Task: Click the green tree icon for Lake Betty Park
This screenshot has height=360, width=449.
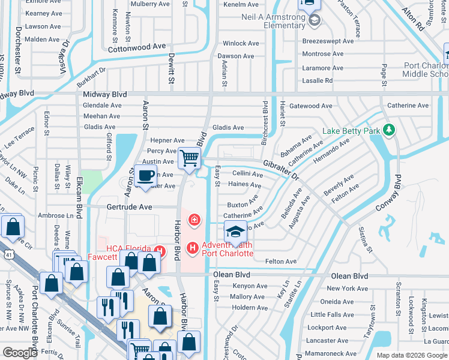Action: tap(389, 130)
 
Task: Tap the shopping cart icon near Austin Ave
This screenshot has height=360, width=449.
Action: tap(190, 158)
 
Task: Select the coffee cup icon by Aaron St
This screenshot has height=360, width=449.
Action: tap(146, 175)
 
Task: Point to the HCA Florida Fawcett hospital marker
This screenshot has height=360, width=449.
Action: tap(160, 250)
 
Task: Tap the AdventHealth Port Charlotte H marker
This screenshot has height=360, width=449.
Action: tap(193, 247)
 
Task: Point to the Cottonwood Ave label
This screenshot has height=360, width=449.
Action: tap(136, 46)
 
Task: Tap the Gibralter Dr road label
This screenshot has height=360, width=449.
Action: tap(280, 169)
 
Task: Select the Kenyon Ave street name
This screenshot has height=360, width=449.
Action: tap(249, 286)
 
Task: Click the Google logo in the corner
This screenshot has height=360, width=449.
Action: tap(20, 353)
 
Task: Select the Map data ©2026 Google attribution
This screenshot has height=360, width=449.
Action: tap(411, 355)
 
